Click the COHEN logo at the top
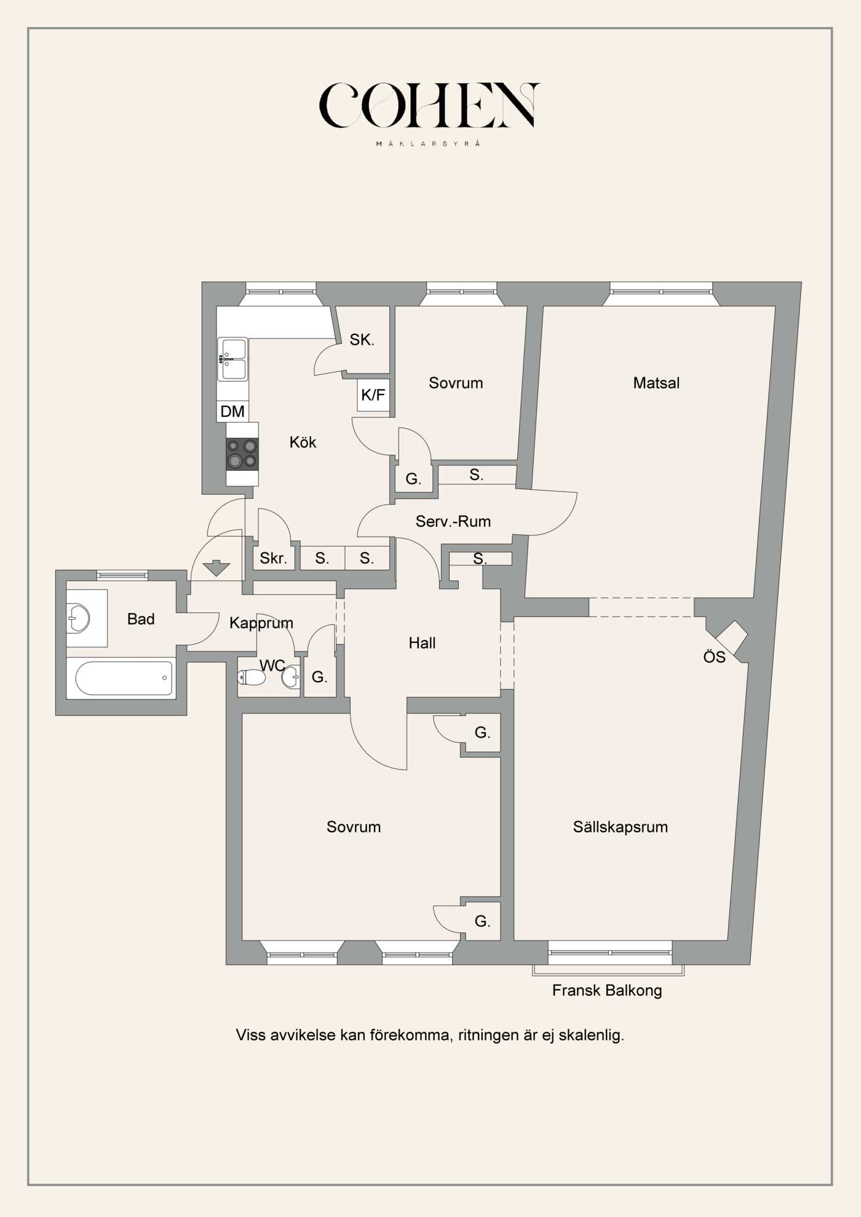click(429, 106)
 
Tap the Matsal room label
click(656, 383)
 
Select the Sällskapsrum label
click(620, 827)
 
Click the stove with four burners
click(242, 454)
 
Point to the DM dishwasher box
click(232, 411)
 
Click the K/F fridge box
click(373, 395)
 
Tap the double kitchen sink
click(233, 360)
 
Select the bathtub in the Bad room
click(124, 678)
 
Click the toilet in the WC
click(252, 677)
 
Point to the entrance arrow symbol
click(216, 568)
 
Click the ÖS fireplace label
click(714, 657)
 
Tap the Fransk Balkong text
click(606, 990)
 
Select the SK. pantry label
click(362, 339)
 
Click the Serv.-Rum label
click(453, 521)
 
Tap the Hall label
click(422, 643)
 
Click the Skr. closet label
click(273, 558)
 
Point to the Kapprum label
click(261, 623)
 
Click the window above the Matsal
click(661, 291)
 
